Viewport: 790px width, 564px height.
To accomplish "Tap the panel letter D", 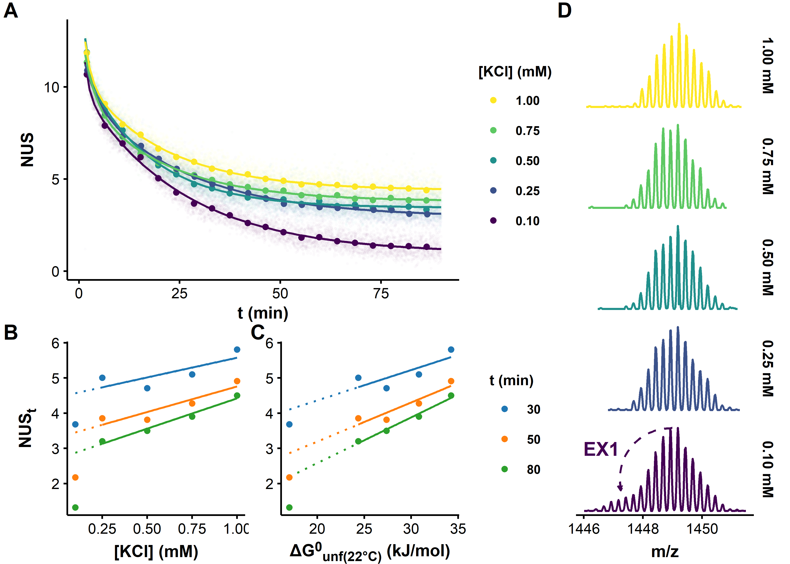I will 564,11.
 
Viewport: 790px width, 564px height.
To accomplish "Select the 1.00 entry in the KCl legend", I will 527,101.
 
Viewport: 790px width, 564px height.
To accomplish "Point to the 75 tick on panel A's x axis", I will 381,294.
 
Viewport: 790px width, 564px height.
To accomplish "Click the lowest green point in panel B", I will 75,507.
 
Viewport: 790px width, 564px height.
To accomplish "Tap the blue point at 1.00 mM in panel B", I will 237,349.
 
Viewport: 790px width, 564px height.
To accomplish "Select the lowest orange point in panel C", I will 289,478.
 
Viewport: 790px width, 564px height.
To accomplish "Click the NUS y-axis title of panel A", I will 27,150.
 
